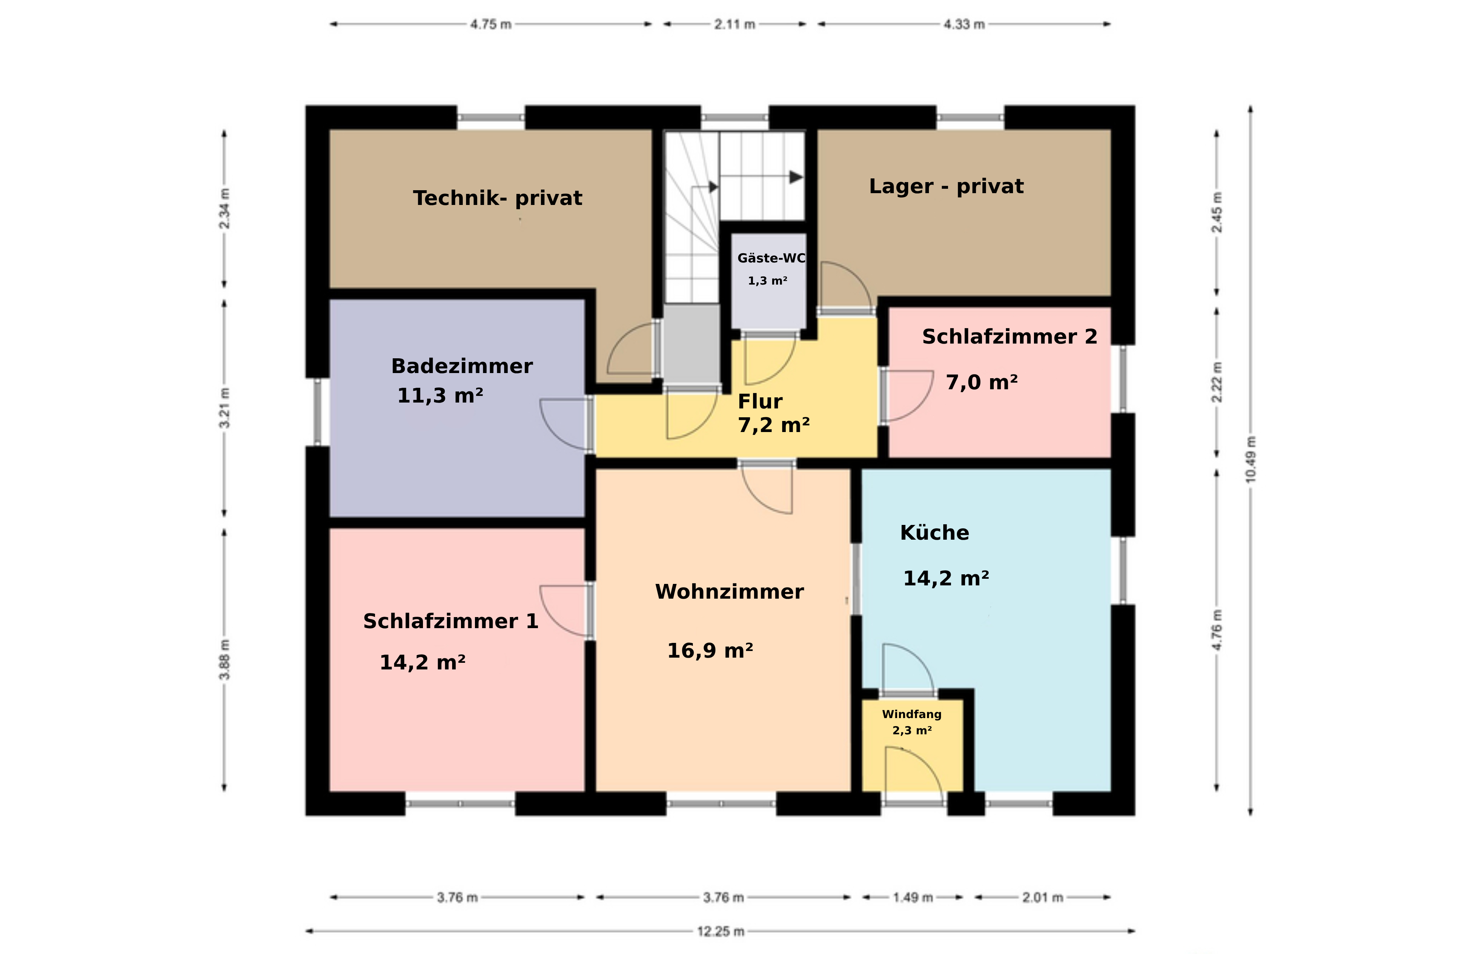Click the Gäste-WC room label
(x=771, y=258)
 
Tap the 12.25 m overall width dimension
(x=720, y=931)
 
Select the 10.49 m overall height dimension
(x=1250, y=460)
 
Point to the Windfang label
(x=912, y=714)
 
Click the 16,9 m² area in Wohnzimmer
(x=710, y=651)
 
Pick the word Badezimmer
(x=462, y=366)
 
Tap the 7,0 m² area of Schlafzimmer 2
(x=982, y=382)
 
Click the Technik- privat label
(x=498, y=198)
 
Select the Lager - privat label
(x=946, y=187)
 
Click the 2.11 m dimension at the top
(x=735, y=24)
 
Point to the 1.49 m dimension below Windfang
(x=912, y=897)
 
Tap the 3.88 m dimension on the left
(x=224, y=659)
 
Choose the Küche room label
(x=934, y=533)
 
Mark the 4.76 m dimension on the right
(x=1217, y=629)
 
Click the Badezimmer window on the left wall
(x=317, y=412)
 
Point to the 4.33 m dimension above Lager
(x=964, y=24)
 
